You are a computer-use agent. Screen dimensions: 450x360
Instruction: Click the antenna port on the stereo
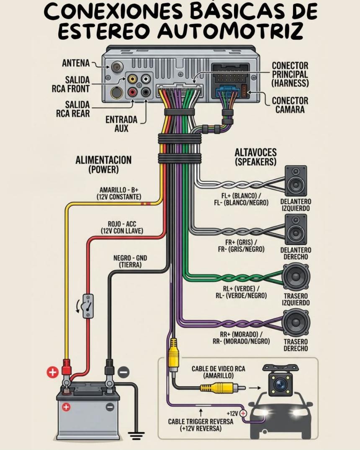116,66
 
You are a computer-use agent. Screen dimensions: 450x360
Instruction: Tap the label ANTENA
76,63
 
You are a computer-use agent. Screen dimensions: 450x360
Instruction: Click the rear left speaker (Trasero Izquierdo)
296,277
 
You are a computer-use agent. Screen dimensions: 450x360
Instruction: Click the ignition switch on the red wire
88,306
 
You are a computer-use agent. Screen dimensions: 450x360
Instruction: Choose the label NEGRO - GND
130,258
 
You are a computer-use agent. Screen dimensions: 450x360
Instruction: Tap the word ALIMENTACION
103,160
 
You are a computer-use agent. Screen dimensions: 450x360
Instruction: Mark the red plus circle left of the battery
52,372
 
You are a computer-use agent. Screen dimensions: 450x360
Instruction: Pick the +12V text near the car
232,414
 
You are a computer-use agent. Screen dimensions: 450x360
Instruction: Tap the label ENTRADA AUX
121,123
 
